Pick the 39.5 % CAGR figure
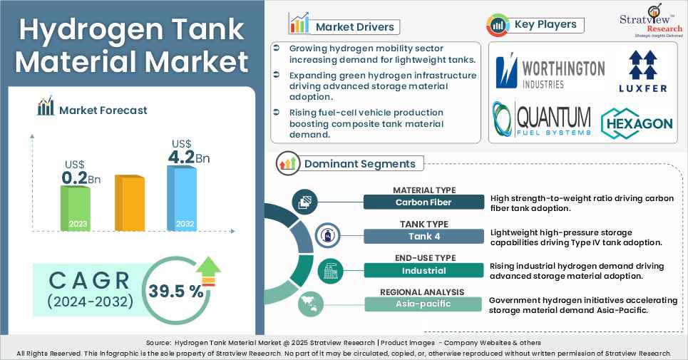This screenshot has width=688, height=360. point(175,291)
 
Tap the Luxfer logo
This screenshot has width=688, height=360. point(643,72)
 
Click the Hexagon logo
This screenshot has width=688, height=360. point(637,123)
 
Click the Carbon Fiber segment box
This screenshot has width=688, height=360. point(423,202)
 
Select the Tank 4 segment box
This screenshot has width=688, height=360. point(423,236)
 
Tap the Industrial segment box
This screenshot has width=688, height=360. point(423,270)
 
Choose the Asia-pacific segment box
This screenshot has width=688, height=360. point(423,304)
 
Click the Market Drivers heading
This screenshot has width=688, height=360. point(354,27)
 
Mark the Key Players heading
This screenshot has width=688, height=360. point(545,25)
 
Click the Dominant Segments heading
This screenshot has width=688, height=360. point(359,163)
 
